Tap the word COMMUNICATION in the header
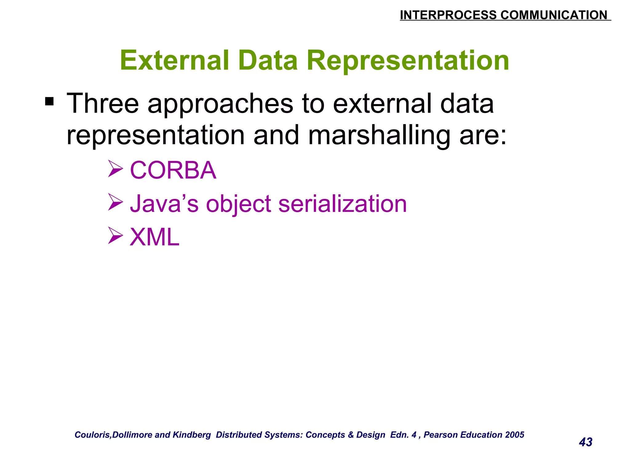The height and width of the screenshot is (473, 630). pos(554,15)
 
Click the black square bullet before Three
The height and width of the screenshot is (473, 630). pos(49,101)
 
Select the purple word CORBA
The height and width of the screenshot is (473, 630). pos(173,170)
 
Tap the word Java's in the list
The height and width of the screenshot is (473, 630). pos(164,204)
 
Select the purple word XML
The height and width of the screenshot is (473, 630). pos(154,237)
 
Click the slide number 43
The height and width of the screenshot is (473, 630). pos(585,442)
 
